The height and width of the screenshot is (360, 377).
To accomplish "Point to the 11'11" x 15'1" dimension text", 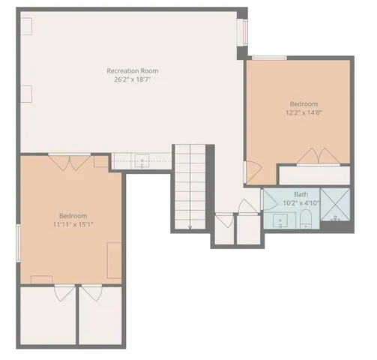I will click(73, 223).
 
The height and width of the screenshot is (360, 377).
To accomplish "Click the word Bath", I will click(300, 194).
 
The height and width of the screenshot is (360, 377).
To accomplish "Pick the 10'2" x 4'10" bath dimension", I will click(300, 202).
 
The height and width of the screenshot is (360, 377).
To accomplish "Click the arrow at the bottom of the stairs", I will click(190, 225).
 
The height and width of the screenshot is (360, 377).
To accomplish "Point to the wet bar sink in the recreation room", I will click(142, 160).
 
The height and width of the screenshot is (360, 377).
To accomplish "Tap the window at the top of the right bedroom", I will click(268, 58).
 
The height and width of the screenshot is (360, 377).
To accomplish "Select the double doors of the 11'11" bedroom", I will click(70, 160).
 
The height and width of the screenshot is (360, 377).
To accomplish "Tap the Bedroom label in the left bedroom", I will click(73, 215).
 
